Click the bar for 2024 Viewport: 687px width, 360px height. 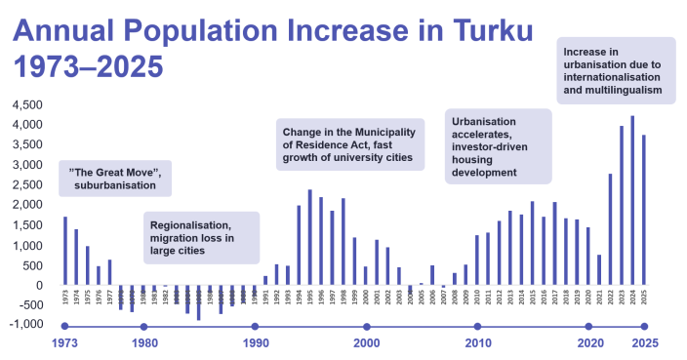(633, 200)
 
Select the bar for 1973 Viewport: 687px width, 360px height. (65, 251)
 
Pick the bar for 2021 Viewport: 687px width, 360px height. (599, 269)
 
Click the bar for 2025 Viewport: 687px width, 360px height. (644, 210)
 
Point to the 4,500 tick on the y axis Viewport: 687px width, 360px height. (25, 104)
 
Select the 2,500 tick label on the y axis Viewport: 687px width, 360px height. (25, 185)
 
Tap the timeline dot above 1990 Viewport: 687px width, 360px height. (255, 327)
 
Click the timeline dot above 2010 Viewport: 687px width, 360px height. (477, 327)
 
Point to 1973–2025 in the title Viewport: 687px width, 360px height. (86, 69)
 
